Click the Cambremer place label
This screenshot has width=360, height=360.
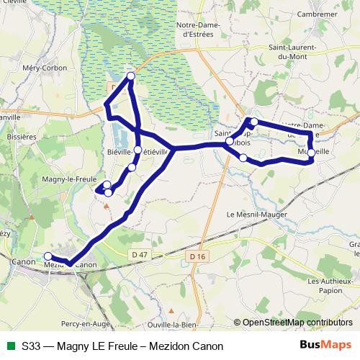pyautogui.click(x=320, y=14)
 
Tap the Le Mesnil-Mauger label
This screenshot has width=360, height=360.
pyautogui.click(x=256, y=215)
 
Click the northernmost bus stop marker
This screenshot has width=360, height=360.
pyautogui.click(x=131, y=76)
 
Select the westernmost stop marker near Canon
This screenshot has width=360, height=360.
pyautogui.click(x=48, y=256)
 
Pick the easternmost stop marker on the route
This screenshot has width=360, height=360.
pyautogui.click(x=310, y=153)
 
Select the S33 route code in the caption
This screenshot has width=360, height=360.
pyautogui.click(x=31, y=346)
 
